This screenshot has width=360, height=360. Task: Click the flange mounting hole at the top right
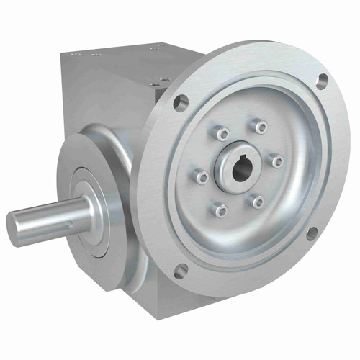(322, 80)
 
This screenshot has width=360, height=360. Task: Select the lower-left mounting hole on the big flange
(180, 270)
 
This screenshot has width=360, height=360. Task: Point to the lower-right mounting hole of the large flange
(311, 233)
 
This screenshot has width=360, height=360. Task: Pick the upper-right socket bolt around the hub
(260, 127)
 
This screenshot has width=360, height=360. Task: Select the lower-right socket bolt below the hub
(258, 202)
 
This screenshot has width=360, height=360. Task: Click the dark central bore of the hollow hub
(240, 170)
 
